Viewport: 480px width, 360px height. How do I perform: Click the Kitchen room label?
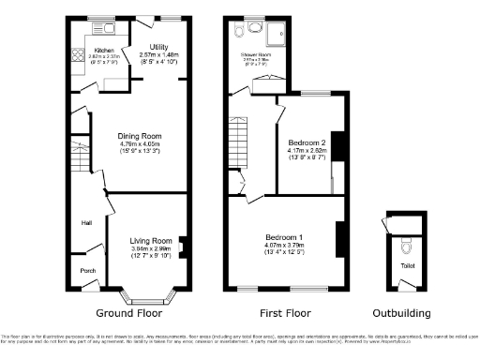104,49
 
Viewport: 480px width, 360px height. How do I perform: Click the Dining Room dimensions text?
142,143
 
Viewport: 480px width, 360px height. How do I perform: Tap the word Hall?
85,223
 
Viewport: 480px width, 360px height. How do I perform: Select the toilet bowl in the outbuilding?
405,251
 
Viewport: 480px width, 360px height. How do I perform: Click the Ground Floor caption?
129,313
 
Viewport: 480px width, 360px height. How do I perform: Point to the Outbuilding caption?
402,313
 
